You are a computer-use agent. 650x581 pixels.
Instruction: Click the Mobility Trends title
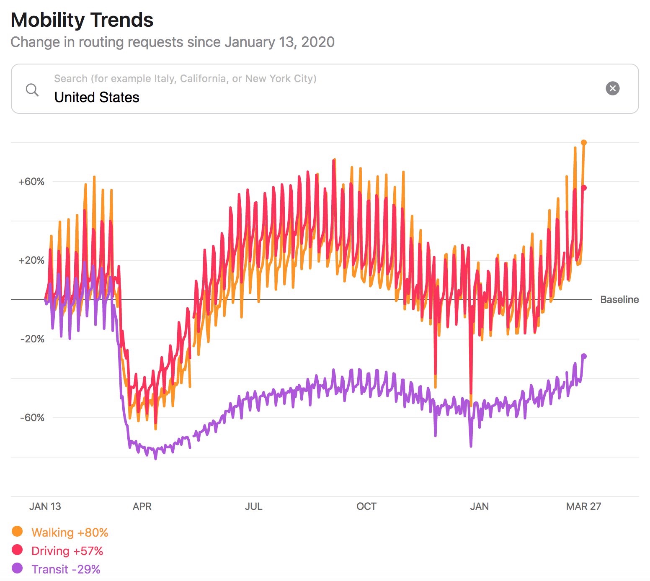[82, 20]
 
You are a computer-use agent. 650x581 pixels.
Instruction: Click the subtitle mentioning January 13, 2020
[173, 42]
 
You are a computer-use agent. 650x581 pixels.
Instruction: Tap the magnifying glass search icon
[32, 89]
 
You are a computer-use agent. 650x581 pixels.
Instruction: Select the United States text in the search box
[97, 98]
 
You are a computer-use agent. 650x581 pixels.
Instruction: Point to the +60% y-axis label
[31, 182]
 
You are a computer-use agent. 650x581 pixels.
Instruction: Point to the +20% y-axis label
[31, 260]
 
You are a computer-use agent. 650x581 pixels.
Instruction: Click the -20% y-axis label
[32, 339]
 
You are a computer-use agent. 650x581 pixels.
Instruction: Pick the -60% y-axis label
[32, 418]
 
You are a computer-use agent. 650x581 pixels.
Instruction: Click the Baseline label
[619, 300]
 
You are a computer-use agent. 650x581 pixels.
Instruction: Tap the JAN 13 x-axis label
[45, 506]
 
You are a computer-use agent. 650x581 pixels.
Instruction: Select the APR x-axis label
[142, 506]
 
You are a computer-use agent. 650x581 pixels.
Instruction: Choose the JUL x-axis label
[253, 506]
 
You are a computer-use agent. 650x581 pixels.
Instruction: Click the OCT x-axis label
[366, 506]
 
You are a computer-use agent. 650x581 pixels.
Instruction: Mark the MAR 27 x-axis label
[583, 506]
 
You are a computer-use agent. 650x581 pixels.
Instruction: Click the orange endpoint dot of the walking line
[584, 143]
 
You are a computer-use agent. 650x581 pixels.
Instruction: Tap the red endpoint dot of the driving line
[584, 188]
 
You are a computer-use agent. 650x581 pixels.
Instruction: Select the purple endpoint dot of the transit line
[584, 356]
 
